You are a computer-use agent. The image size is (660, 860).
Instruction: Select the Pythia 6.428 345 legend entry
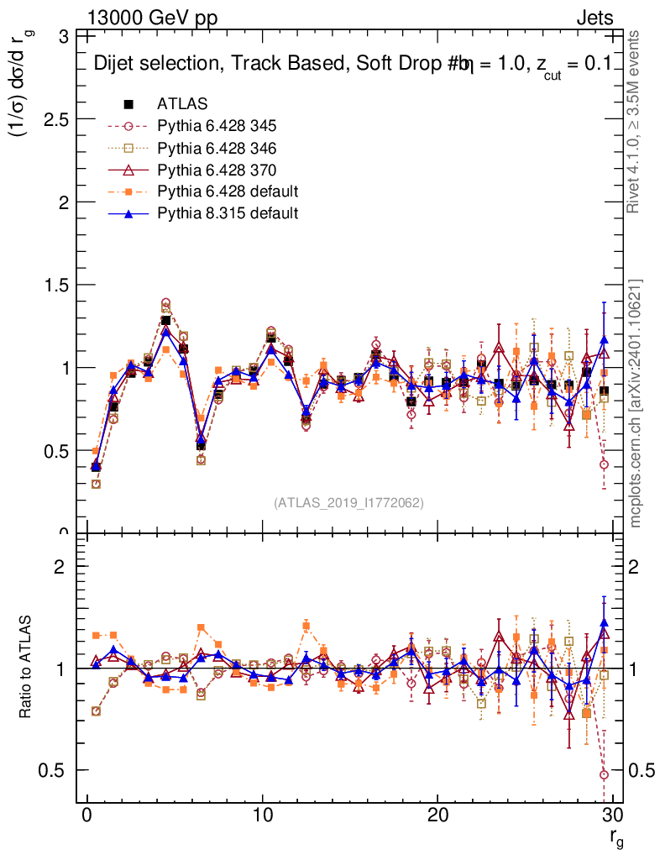[x=217, y=126]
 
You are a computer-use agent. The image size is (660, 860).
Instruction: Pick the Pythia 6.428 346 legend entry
[x=217, y=148]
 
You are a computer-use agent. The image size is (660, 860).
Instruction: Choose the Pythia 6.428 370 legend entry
[x=217, y=170]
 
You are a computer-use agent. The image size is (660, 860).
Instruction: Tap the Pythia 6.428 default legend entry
[x=228, y=191]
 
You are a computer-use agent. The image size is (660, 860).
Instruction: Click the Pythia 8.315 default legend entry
[x=228, y=213]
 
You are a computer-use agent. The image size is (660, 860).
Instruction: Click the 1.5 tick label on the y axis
[x=57, y=286]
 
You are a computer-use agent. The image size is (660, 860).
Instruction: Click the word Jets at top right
[x=594, y=18]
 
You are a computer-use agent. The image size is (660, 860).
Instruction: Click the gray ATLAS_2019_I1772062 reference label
[x=348, y=502]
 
